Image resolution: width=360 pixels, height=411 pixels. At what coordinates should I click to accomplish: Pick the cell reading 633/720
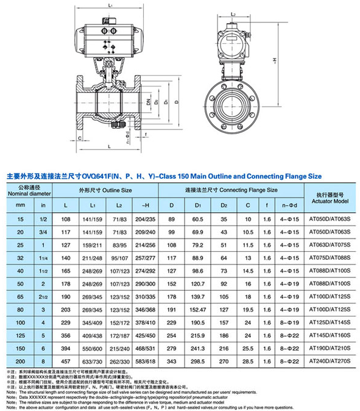click(x=96, y=361)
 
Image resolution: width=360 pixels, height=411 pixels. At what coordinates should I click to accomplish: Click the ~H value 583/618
click(x=144, y=361)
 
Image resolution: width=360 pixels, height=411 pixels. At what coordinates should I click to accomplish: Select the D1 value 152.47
click(x=198, y=310)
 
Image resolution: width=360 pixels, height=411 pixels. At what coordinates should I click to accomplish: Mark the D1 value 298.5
click(x=198, y=361)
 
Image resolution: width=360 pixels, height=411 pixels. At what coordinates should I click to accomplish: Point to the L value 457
click(x=66, y=361)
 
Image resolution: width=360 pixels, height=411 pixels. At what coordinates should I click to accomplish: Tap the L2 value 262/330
click(x=120, y=361)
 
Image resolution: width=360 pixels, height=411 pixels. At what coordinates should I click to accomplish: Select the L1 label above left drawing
click(x=109, y=5)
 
